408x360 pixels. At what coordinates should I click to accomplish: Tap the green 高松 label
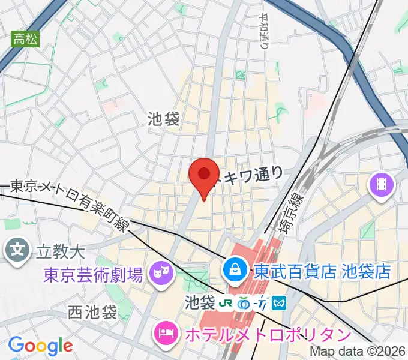[25, 40]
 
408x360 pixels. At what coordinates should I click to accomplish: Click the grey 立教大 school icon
[19, 249]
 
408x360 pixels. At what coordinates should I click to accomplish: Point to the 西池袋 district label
[92, 312]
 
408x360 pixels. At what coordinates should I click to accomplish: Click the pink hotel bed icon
[165, 332]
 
